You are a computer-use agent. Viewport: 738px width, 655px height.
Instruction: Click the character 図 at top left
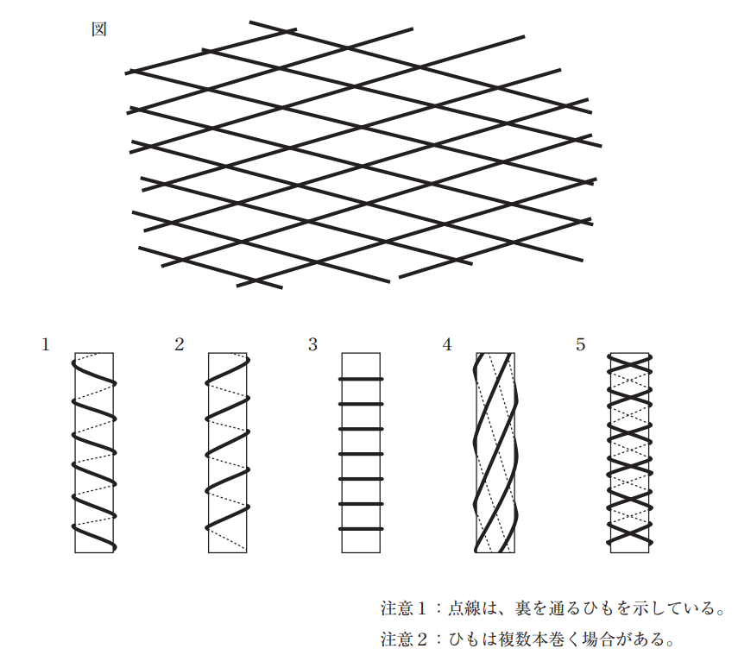(99, 28)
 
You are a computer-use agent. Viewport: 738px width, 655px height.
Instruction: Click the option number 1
(45, 345)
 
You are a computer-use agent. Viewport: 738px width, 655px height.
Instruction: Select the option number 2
(179, 345)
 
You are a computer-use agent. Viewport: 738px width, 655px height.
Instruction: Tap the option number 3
(312, 345)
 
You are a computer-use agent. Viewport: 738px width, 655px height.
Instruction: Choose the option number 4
(447, 345)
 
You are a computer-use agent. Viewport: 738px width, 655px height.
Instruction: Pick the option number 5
(581, 345)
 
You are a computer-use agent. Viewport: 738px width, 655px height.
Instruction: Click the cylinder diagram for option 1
(94, 452)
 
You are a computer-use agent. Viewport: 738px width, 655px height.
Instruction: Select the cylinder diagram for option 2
(228, 452)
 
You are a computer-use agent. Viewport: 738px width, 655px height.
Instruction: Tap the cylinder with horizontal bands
(361, 452)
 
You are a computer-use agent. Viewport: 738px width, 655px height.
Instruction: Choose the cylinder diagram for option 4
(495, 452)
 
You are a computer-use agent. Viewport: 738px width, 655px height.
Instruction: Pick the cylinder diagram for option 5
(629, 452)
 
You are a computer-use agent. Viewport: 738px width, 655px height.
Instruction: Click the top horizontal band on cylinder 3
(361, 379)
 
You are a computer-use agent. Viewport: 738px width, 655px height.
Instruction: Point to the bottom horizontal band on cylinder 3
(361, 528)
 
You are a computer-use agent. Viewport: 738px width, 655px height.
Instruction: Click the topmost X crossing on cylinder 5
(629, 362)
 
